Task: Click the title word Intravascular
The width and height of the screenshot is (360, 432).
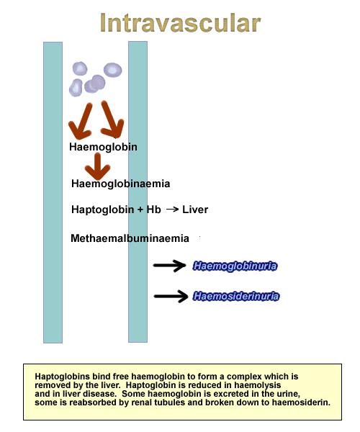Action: click(x=180, y=23)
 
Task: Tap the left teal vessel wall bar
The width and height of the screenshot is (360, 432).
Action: click(x=53, y=192)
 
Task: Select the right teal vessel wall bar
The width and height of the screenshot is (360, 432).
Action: click(x=138, y=192)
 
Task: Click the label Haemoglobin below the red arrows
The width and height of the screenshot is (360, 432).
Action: click(x=103, y=147)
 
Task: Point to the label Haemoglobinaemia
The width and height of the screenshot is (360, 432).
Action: click(x=121, y=184)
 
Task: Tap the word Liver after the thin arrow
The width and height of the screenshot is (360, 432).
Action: click(x=195, y=210)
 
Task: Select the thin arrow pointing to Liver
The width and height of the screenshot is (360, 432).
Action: click(x=172, y=210)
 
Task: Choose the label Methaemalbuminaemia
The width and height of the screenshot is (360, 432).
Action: click(x=130, y=238)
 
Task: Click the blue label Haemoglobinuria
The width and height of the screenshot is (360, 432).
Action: click(x=235, y=266)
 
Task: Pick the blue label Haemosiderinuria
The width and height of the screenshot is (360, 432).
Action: click(x=236, y=296)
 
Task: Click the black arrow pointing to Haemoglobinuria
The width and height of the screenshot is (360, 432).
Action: click(x=170, y=266)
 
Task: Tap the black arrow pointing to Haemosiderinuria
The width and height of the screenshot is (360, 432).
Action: click(x=171, y=296)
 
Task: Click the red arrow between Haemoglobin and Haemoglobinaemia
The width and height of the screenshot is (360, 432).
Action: click(x=97, y=167)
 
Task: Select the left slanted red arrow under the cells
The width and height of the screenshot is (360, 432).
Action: click(x=81, y=122)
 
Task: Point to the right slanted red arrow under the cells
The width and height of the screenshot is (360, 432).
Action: click(x=112, y=120)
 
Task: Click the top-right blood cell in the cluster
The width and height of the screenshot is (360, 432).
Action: click(x=112, y=70)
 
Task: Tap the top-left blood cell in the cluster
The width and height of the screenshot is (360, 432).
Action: click(x=80, y=68)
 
